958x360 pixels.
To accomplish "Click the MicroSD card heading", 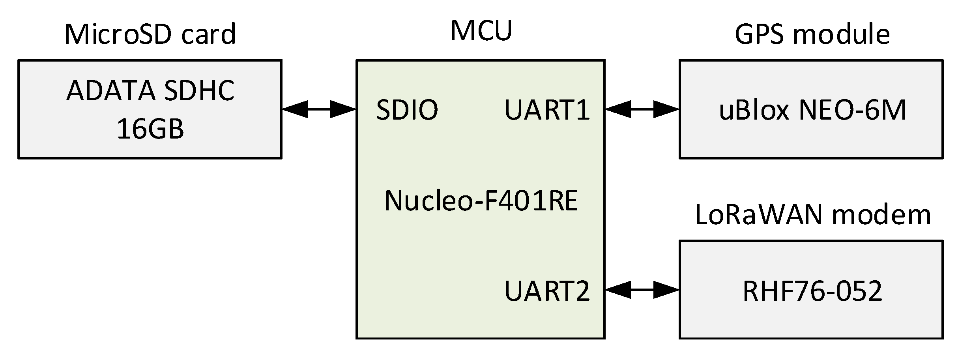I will (x=150, y=34).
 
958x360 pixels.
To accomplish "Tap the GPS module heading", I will (x=812, y=34).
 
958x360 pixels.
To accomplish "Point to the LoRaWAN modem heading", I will (x=812, y=215).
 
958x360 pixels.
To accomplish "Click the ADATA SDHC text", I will (x=150, y=91).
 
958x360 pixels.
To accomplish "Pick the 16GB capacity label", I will (x=150, y=129).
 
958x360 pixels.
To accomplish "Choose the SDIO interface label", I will (x=407, y=110).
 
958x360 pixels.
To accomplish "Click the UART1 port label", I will (x=547, y=110).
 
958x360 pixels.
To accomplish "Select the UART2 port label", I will (x=547, y=291).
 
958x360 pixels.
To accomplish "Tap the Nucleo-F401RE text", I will (x=481, y=201).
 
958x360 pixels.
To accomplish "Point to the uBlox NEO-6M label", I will (x=812, y=110).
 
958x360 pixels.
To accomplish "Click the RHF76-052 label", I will (x=812, y=291).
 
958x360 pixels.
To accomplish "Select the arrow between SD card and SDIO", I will (x=319, y=109).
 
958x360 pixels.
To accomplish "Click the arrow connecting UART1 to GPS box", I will (x=642, y=109).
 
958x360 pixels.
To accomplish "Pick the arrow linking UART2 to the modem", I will (x=642, y=290).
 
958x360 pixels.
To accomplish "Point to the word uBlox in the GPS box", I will (x=754, y=110).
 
